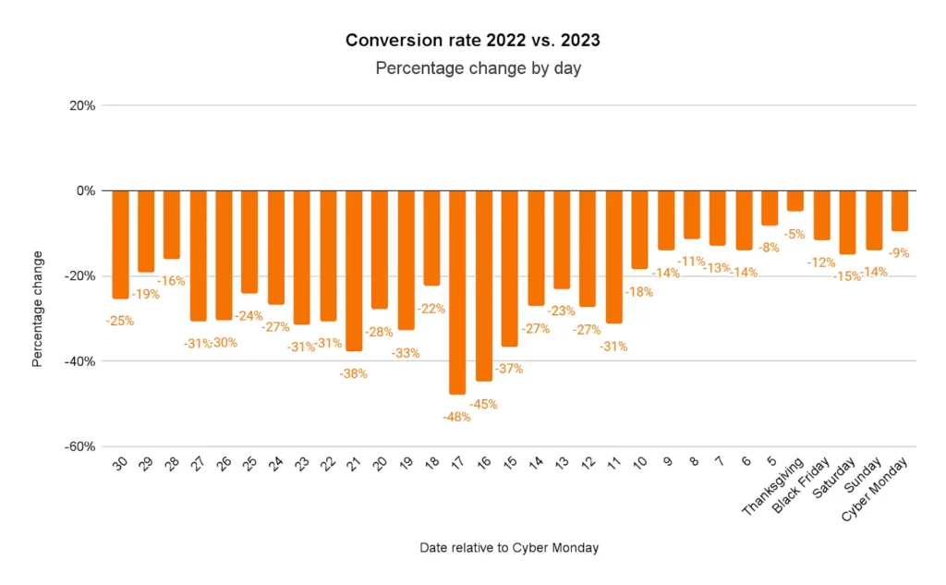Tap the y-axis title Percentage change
click(x=38, y=309)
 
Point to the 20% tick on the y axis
click(x=82, y=105)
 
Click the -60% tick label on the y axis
click(x=79, y=446)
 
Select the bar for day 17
click(x=457, y=292)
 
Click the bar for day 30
click(x=120, y=244)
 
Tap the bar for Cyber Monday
click(x=899, y=211)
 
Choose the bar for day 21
click(x=354, y=271)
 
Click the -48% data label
click(x=455, y=417)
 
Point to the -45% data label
click(x=483, y=404)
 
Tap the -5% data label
click(x=794, y=235)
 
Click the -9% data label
click(x=897, y=253)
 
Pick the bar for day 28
click(x=172, y=225)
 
